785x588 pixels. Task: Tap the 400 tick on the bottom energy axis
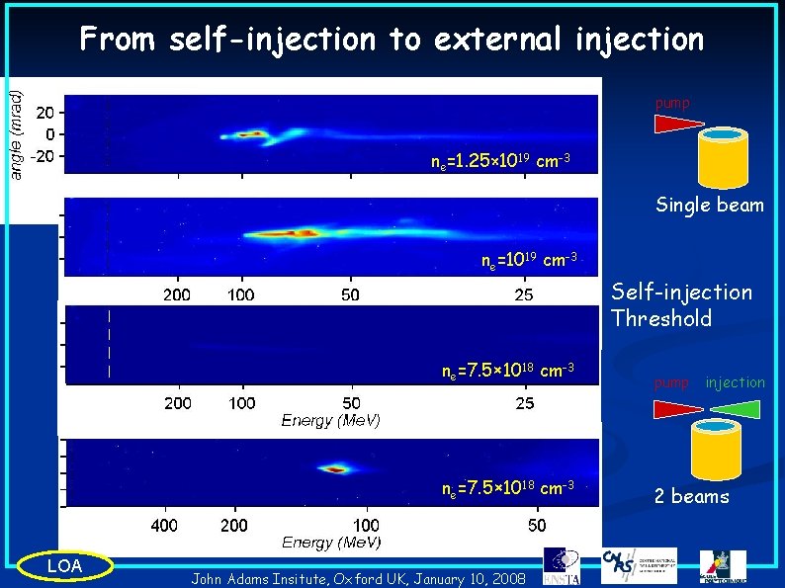(x=164, y=524)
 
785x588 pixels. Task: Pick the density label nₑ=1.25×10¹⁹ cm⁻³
(x=499, y=160)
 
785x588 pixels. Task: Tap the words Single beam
(x=709, y=206)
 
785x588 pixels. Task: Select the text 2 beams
(x=691, y=496)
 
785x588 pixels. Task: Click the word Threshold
(x=661, y=318)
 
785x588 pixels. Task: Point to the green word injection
(x=735, y=382)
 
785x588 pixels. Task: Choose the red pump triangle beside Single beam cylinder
(x=677, y=124)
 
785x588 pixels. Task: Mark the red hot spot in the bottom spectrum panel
(x=336, y=469)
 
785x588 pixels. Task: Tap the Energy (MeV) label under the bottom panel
(x=331, y=542)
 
